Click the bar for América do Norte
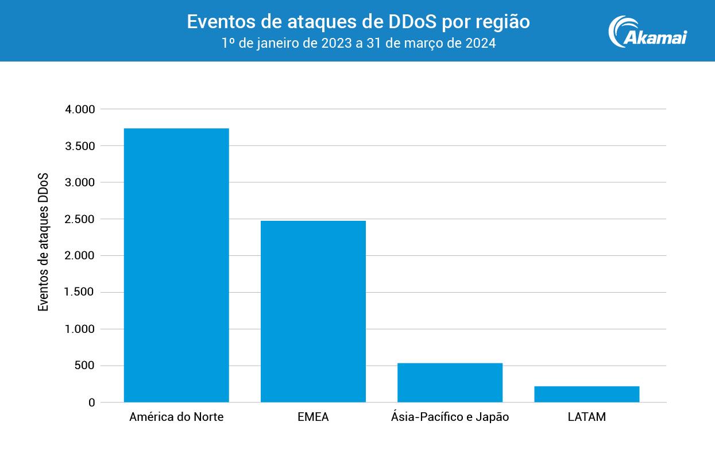[176, 265]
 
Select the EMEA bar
[313, 311]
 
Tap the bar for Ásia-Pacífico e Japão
[450, 382]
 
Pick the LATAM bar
[586, 394]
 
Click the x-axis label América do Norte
[176, 417]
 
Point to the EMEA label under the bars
[313, 417]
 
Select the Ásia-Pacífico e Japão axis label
[450, 417]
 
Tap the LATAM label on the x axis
[586, 417]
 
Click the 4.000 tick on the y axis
[80, 109]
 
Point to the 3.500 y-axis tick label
[80, 146]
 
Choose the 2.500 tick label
[80, 219]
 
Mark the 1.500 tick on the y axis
[80, 293]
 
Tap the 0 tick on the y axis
[91, 402]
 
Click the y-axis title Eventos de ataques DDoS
[44, 241]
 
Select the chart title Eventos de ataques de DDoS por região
[358, 22]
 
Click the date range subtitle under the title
[358, 43]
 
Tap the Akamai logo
[647, 32]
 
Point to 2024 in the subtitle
[480, 43]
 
